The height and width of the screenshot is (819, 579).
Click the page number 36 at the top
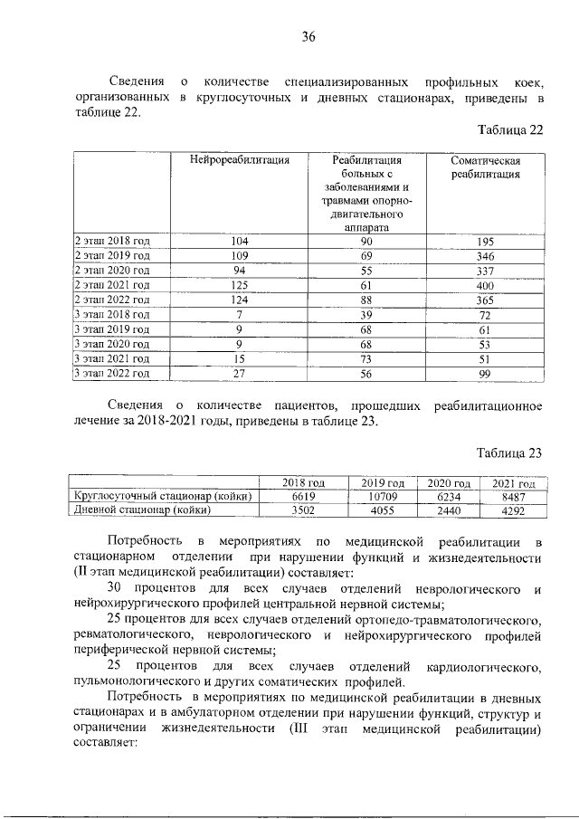point(308,37)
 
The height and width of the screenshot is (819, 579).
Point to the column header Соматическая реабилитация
point(485,168)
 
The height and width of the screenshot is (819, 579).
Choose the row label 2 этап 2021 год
point(111,284)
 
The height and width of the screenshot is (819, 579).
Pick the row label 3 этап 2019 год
point(111,329)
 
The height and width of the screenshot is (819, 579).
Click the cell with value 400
point(485,284)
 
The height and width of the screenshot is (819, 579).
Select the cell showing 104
point(240,241)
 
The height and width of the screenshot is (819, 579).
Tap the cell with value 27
point(240,372)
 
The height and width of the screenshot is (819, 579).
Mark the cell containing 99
point(485,372)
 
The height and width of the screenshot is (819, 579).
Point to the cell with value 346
point(485,255)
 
